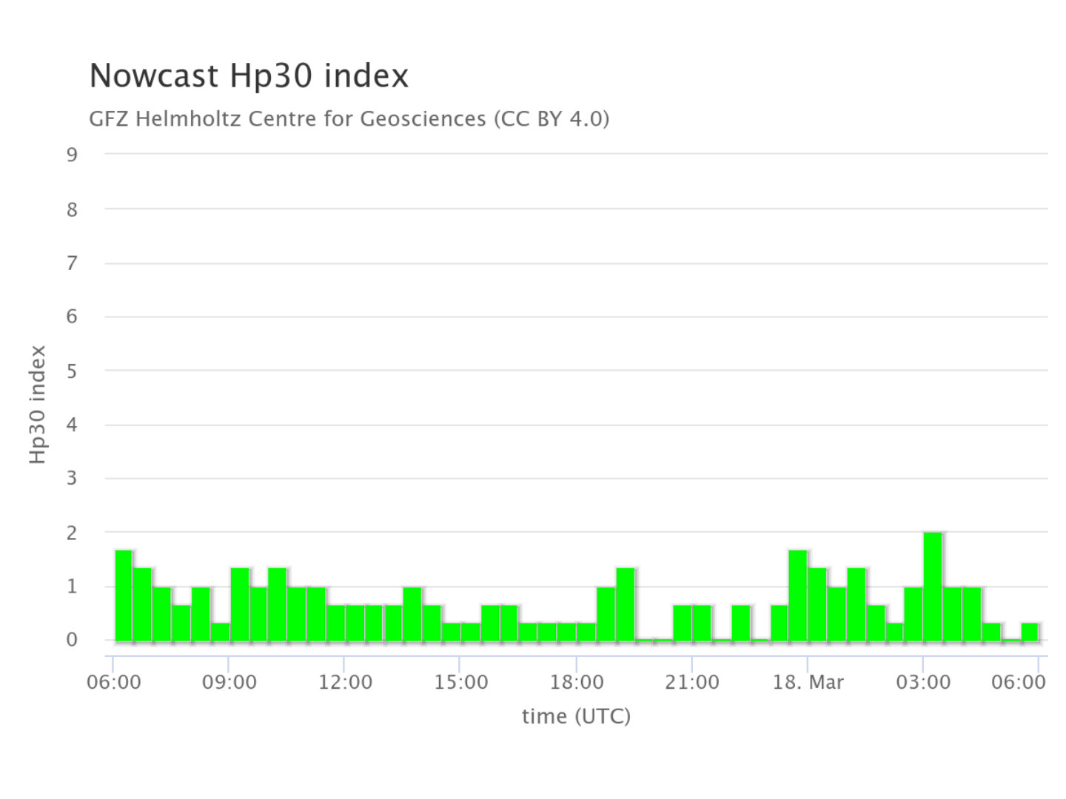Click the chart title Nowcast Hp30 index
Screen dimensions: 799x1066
point(249,76)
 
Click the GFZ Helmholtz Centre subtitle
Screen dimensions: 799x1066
point(348,118)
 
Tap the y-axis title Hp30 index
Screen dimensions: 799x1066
point(38,404)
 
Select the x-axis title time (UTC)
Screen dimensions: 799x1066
point(576,715)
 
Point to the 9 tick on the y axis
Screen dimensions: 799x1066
point(72,155)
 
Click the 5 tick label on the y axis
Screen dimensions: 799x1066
point(72,371)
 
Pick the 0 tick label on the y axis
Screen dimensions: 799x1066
point(72,640)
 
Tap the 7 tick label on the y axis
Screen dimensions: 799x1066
point(72,263)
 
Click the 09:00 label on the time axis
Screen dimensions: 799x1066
point(229,682)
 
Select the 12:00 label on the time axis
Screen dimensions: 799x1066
point(345,682)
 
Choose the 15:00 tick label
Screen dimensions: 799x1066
point(460,682)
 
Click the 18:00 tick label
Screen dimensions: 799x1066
point(576,682)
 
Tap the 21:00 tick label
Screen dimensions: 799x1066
point(691,682)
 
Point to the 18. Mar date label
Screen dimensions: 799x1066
point(808,682)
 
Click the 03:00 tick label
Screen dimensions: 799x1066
point(923,682)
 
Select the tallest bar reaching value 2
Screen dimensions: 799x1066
point(933,586)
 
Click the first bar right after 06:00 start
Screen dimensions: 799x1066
point(124,596)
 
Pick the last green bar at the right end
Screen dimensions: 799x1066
point(1029,632)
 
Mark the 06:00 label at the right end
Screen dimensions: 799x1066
point(1019,682)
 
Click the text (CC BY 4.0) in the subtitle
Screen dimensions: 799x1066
point(552,118)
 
